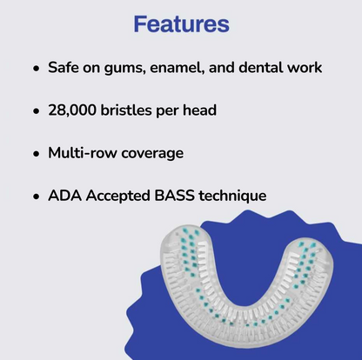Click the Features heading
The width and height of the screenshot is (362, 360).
click(181, 23)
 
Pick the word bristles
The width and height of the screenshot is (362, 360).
click(144, 110)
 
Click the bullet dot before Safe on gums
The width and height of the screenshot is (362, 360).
click(36, 69)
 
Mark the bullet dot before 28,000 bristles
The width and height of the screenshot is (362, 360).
click(36, 111)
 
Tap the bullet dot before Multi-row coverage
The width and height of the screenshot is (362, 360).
click(36, 154)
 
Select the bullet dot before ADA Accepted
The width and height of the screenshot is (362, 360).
click(36, 197)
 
